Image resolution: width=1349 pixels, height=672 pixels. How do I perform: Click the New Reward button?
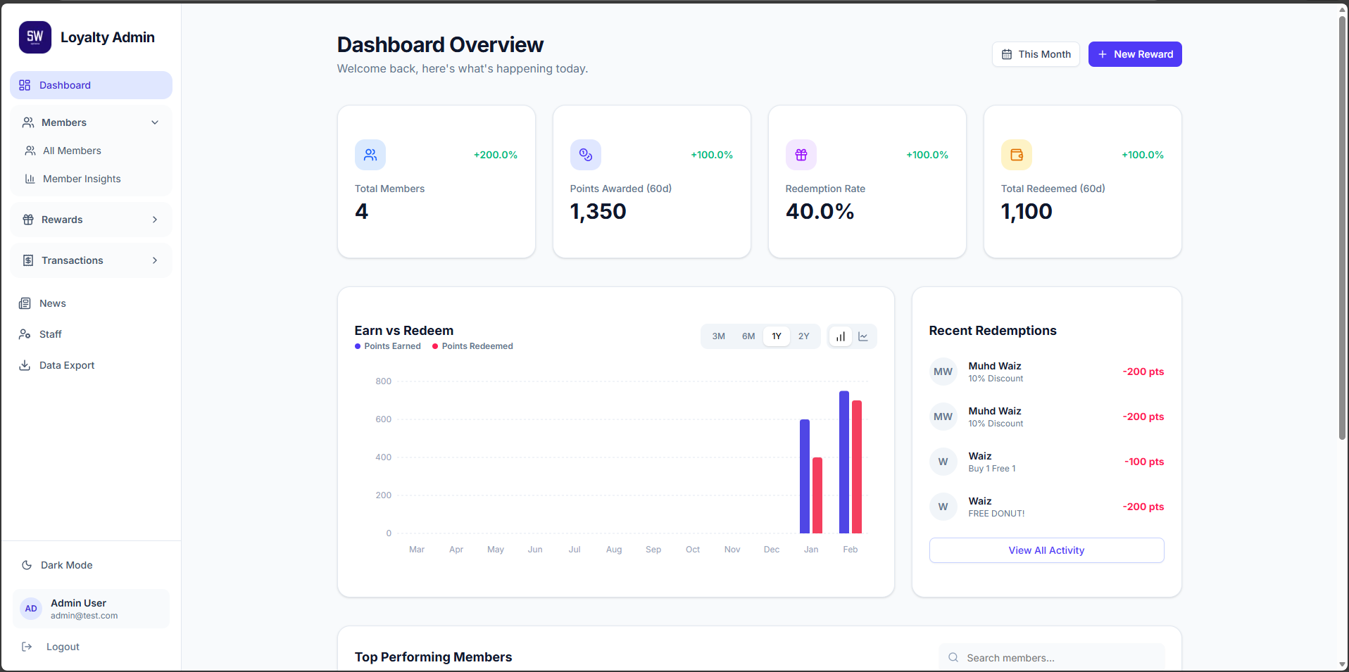1134,54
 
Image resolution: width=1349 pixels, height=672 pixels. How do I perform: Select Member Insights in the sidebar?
82,179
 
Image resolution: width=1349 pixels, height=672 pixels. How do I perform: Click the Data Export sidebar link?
66,365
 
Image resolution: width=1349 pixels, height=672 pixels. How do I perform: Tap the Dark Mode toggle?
66,565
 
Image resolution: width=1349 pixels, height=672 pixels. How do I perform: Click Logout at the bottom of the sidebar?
62,647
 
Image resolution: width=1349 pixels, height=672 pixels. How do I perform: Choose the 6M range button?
748,336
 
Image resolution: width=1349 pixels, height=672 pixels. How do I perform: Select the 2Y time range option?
803,336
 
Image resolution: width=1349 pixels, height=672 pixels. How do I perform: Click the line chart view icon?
862,336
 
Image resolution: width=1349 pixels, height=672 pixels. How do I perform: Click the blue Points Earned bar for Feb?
843,464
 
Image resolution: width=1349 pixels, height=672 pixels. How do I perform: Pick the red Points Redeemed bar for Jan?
817,496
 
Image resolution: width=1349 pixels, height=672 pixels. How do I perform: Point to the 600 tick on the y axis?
383,419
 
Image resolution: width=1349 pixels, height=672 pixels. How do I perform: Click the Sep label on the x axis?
653,550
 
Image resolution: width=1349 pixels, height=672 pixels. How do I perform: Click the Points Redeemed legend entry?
477,346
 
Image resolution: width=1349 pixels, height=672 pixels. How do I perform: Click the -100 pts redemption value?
1143,462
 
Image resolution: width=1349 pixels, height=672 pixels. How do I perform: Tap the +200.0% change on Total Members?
495,155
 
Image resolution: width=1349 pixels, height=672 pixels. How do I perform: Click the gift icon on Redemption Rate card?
801,155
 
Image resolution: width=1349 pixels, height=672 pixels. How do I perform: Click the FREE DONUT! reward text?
996,514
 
